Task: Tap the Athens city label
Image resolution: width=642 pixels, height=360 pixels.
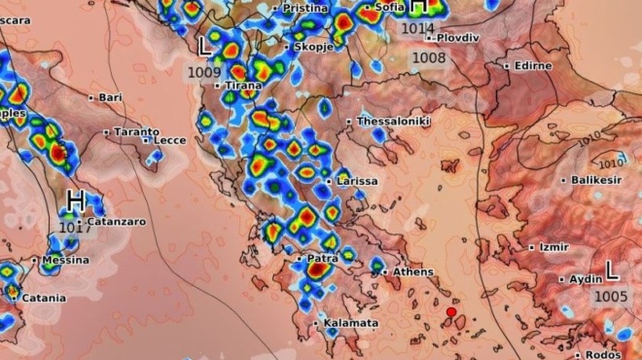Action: (x=412, y=271)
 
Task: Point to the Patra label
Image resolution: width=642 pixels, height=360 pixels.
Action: (x=322, y=259)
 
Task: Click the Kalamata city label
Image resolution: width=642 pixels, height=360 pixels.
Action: (x=350, y=323)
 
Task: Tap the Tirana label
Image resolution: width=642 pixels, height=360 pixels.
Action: (x=243, y=86)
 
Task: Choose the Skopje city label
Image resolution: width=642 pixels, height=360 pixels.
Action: (x=315, y=47)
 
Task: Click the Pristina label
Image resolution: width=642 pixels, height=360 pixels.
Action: (x=305, y=8)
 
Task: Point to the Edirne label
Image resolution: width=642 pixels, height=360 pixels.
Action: (x=532, y=65)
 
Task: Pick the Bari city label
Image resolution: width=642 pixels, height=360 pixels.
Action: (x=110, y=97)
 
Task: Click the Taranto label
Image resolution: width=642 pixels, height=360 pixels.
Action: (x=136, y=131)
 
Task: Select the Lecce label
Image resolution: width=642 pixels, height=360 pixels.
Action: (x=169, y=140)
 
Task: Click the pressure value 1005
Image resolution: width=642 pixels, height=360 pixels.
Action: (x=611, y=296)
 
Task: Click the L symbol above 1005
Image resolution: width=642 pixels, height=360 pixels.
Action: (x=611, y=269)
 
